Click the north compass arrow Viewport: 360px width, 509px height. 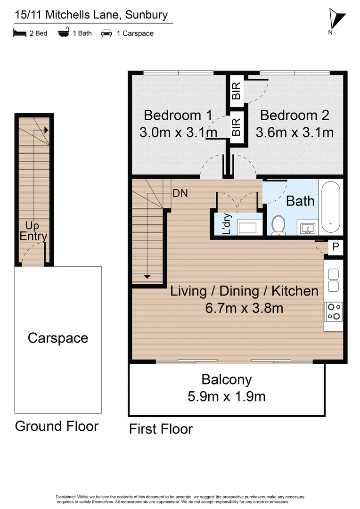click(337, 19)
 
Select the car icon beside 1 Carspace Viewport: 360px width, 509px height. click(106, 33)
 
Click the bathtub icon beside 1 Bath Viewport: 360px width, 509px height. click(63, 33)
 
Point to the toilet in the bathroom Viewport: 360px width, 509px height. click(278, 225)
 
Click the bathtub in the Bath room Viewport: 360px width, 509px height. click(331, 207)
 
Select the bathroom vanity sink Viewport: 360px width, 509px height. click(308, 229)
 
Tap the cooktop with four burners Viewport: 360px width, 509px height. click(334, 311)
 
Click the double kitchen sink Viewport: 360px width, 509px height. click(334, 280)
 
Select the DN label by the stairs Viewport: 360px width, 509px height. click(180, 193)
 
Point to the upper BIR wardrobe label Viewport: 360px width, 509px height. click(236, 90)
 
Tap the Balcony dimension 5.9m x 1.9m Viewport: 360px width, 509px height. click(227, 396)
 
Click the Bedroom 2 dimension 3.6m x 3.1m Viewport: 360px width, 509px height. click(295, 132)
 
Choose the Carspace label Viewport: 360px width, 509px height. click(58, 338)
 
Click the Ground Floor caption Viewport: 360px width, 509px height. click(57, 426)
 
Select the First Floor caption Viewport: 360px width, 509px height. click(161, 429)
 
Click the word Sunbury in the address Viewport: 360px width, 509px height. click(146, 15)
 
